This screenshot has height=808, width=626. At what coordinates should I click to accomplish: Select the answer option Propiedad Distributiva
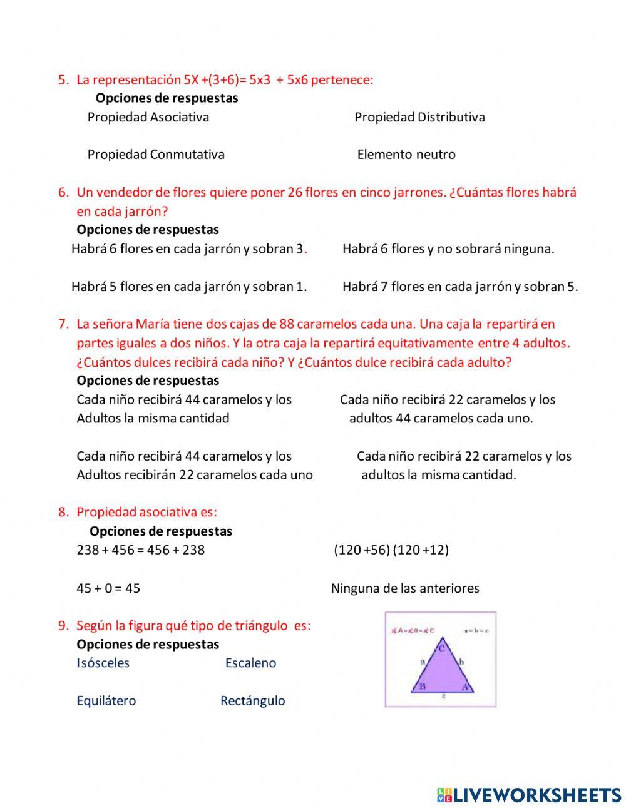tap(419, 117)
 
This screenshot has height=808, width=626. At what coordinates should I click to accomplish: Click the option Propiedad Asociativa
tap(148, 117)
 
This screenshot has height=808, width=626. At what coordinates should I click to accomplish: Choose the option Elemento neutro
tap(406, 155)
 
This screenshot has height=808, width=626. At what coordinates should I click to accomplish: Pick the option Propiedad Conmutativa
tap(156, 155)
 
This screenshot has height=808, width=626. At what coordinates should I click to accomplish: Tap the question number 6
tap(63, 193)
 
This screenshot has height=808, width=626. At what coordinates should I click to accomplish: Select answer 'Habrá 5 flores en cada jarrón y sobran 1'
tap(189, 287)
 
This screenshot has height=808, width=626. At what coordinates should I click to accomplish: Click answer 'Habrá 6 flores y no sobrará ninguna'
tap(448, 249)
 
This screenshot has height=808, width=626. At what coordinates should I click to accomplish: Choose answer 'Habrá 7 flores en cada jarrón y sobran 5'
tap(460, 287)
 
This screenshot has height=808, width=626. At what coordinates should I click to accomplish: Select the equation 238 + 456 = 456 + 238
tap(140, 550)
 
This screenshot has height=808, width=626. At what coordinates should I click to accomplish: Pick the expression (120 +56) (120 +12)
tap(391, 550)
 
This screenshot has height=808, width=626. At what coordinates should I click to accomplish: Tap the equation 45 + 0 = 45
tap(108, 588)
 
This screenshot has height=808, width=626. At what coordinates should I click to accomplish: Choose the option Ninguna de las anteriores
tap(405, 588)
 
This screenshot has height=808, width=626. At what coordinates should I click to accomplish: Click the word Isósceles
tap(103, 663)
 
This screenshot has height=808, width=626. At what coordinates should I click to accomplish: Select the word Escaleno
tap(250, 663)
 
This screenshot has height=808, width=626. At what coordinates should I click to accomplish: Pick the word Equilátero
tap(106, 701)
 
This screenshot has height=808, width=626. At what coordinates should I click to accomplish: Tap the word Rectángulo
tap(252, 701)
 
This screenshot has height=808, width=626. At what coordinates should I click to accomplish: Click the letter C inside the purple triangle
tap(441, 648)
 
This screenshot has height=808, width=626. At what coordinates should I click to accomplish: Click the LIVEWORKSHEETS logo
tap(529, 795)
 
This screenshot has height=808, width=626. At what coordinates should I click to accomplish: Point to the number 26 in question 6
tap(295, 193)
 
